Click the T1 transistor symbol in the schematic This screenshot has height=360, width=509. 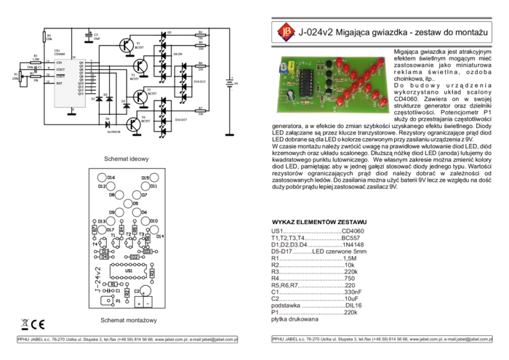pyautogui.click(x=127, y=46)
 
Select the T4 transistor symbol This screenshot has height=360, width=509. pyautogui.click(x=135, y=124)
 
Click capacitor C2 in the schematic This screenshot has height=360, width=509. pyautogui.click(x=88, y=34)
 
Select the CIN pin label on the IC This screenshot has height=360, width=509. pyautogui.click(x=60, y=63)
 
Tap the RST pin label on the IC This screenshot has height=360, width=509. pyautogui.click(x=60, y=84)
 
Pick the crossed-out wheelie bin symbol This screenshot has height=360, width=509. pyautogui.click(x=24, y=324)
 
